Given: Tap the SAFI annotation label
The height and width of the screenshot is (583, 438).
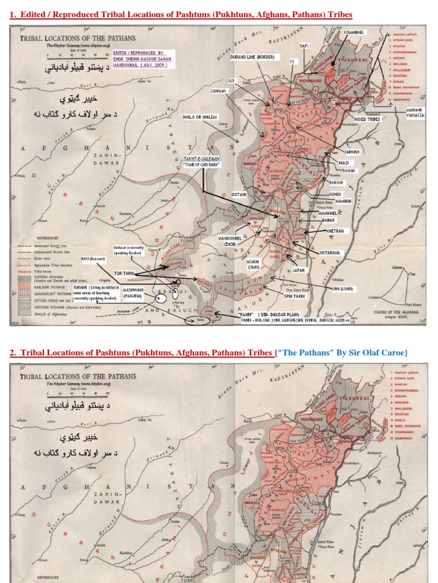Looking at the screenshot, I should [x=304, y=46].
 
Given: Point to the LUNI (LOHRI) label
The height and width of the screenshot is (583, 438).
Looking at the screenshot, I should [x=341, y=289].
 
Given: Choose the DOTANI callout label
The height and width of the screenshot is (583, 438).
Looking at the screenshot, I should [x=239, y=195].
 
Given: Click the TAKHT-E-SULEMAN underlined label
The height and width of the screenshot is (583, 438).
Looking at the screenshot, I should [x=201, y=159].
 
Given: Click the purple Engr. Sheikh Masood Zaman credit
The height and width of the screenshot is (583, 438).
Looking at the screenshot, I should [x=144, y=58].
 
